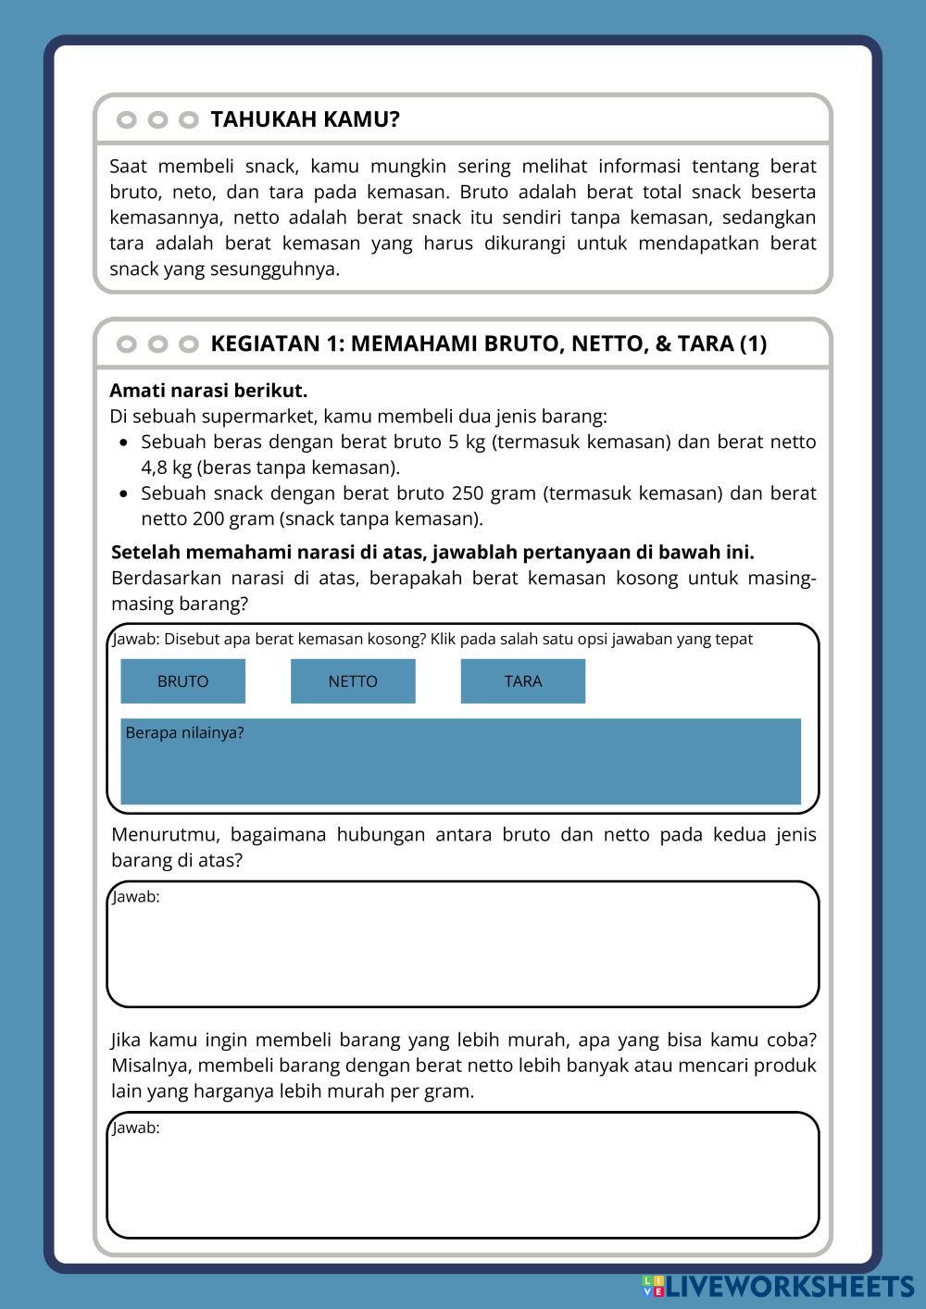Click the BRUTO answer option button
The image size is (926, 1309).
[182, 681]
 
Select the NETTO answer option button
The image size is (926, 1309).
[353, 681]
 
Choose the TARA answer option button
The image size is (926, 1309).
[523, 681]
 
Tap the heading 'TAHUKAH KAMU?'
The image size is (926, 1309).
[305, 119]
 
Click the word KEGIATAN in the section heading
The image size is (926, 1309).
[265, 343]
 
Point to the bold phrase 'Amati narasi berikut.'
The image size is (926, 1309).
[208, 391]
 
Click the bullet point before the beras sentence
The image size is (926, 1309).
[124, 443]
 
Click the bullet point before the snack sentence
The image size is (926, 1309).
[124, 493]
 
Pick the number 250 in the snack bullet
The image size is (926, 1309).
[469, 493]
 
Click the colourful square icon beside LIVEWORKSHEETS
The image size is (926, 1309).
[653, 1286]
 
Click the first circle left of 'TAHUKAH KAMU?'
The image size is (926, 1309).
[127, 119]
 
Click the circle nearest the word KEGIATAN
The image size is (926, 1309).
[189, 344]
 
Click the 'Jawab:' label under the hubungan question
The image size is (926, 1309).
[136, 897]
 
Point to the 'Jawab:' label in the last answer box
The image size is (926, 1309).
[136, 1128]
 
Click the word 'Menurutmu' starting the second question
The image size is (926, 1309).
[165, 835]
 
